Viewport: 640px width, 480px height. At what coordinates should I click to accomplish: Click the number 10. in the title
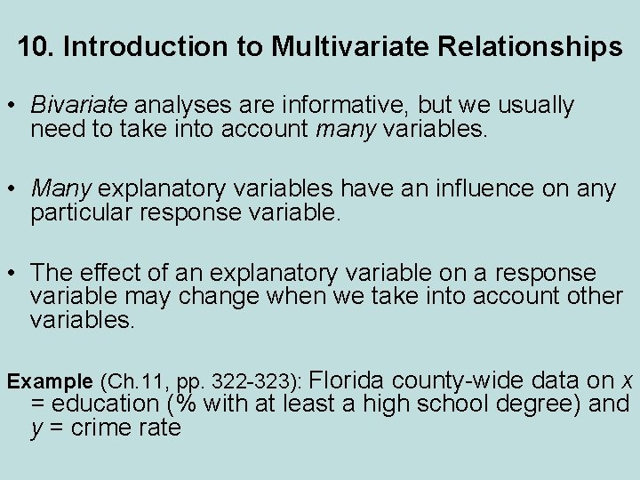click(x=36, y=46)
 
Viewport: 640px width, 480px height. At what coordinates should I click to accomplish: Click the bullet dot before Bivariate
click(x=13, y=107)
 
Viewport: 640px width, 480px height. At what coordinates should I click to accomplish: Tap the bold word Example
click(x=50, y=382)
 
